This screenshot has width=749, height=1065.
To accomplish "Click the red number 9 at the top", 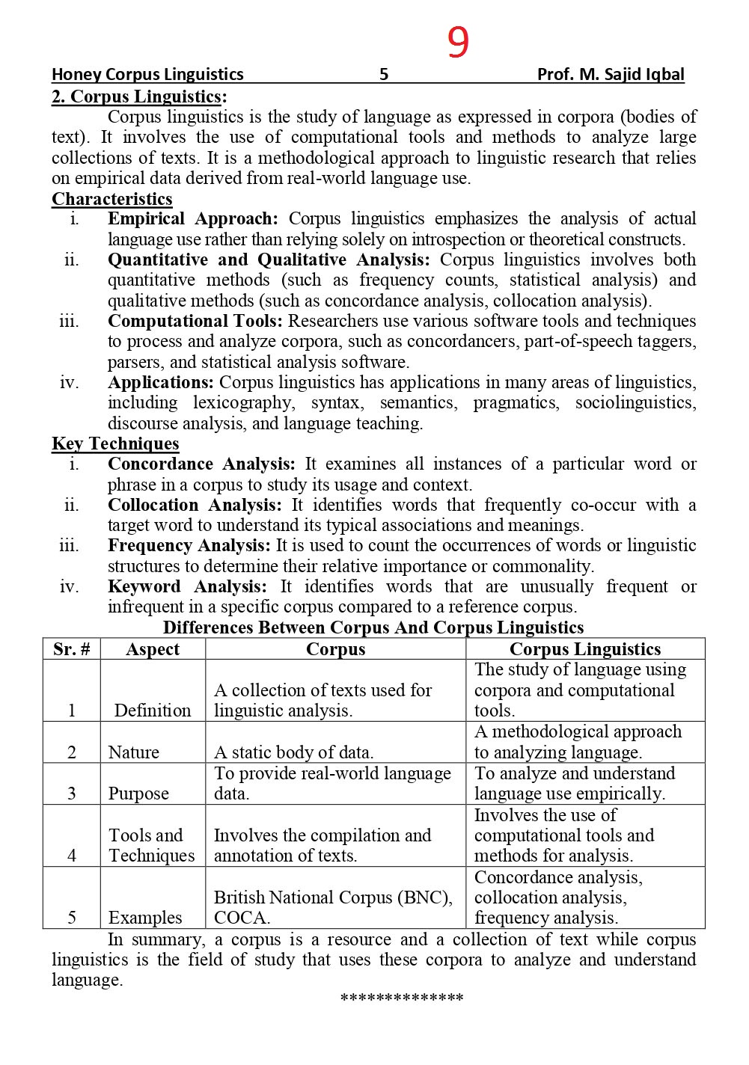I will tap(458, 42).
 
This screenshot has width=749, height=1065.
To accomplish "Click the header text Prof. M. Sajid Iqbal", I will tap(610, 74).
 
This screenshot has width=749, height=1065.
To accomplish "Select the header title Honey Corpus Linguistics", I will tap(147, 74).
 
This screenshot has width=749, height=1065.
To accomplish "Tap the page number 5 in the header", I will tap(384, 74).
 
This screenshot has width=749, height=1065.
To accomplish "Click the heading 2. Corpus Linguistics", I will tap(138, 96).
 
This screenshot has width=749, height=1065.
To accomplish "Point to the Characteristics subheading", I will tap(111, 199).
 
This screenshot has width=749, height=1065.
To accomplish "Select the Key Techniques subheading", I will tap(115, 444).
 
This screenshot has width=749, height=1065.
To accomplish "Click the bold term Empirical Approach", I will tap(192, 219).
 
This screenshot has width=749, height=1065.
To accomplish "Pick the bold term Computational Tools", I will tap(195, 321).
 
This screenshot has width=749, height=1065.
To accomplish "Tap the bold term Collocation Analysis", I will tap(195, 505).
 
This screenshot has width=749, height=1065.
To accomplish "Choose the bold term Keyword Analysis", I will tap(186, 586).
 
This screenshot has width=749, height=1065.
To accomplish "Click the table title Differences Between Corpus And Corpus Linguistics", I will tap(373, 627).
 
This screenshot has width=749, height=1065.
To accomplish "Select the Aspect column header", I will tap(153, 649).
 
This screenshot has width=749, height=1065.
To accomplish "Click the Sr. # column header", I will tap(71, 649).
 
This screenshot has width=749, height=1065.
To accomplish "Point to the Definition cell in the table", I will tap(153, 710).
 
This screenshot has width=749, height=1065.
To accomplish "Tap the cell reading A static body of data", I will tap(293, 752).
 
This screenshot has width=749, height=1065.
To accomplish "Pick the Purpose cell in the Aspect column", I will tap(138, 793).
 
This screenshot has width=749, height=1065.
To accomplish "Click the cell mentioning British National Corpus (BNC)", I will tap(333, 906).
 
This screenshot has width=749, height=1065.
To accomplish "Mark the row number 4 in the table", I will tap(71, 856).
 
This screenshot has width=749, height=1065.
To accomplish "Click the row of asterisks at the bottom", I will tap(402, 998).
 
